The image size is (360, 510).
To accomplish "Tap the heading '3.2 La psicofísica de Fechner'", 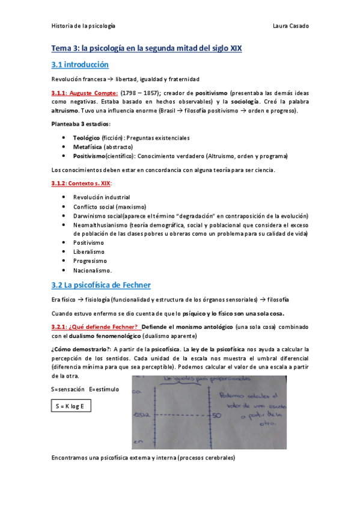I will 101,284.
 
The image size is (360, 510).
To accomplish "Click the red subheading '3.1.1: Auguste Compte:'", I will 84,94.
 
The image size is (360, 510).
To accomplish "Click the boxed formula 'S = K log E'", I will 71,407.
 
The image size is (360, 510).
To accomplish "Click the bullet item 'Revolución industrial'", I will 101,197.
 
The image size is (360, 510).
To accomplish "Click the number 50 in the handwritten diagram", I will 216,416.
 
